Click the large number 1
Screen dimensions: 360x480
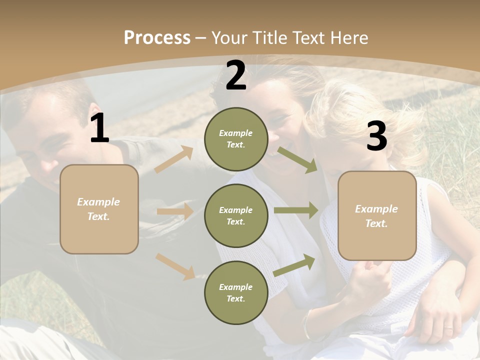pos(99,128)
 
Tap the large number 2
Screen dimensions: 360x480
pos(236,76)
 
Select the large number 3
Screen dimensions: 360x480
pos(376,137)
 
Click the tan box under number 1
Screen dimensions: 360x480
pos(99,209)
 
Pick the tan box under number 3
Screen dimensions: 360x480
pos(377,215)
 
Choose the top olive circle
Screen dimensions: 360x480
pos(236,139)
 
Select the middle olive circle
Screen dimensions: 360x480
pos(236,215)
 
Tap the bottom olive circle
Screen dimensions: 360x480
pos(236,292)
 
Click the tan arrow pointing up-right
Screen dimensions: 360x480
pos(174,159)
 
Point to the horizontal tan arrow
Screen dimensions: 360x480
pos(175,211)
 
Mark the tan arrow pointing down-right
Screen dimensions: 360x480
pos(175,266)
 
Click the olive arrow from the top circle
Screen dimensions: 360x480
pos(297,159)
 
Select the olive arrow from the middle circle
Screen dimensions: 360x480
pos(296,210)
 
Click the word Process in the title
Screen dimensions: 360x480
pos(157,37)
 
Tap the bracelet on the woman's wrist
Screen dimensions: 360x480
pos(306,325)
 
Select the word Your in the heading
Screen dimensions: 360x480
pos(230,37)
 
